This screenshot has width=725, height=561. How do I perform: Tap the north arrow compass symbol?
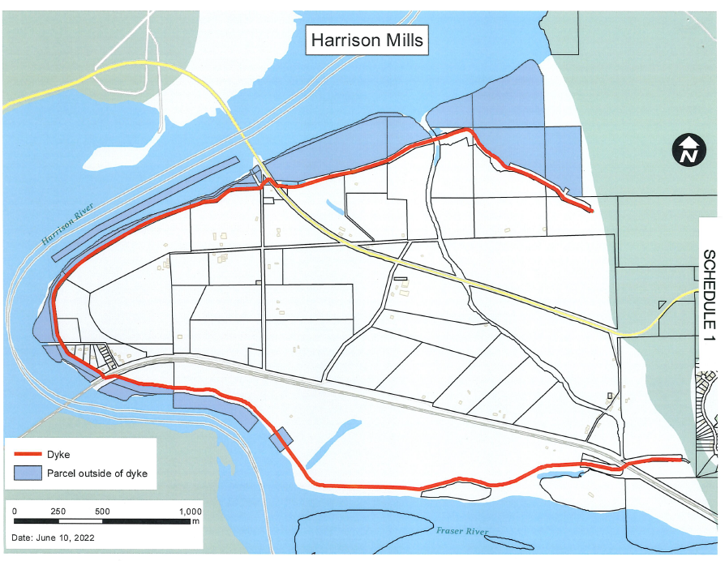[688, 151]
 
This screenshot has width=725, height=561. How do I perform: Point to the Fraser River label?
[462, 532]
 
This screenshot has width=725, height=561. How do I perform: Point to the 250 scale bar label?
[58, 512]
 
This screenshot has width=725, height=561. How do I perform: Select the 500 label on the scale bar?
[102, 512]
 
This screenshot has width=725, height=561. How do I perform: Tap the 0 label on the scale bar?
[15, 512]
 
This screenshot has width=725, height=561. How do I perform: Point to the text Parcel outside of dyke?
[97, 473]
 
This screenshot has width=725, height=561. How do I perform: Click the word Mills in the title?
[400, 39]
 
